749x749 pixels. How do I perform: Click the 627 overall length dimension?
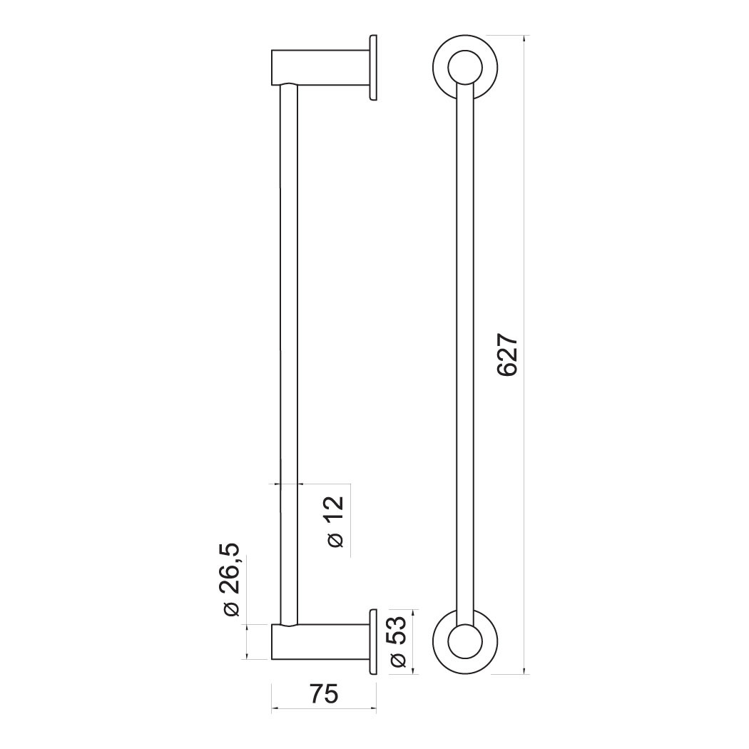click(x=507, y=355)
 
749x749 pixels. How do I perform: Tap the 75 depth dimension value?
click(x=324, y=694)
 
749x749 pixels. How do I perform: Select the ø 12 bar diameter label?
click(x=336, y=521)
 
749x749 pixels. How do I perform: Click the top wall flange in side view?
click(x=373, y=67)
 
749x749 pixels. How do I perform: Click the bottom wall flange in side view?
click(x=373, y=642)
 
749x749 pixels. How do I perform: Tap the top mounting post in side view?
click(x=320, y=67)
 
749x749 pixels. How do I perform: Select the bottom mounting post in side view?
click(x=320, y=642)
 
